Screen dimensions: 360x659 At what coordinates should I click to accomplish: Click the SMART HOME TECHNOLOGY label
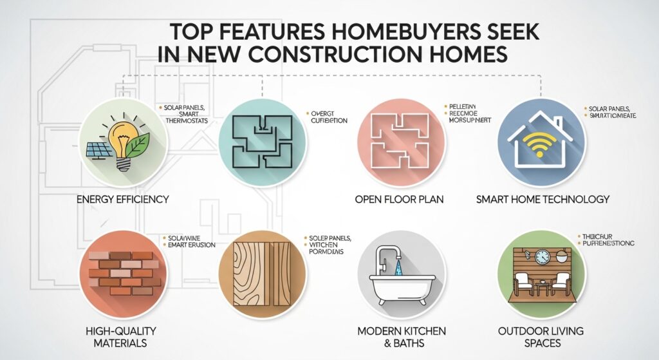click(x=543, y=199)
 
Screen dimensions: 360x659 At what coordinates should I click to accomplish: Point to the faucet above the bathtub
click(x=384, y=258)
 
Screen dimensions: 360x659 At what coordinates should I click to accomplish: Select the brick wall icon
click(x=122, y=272)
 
